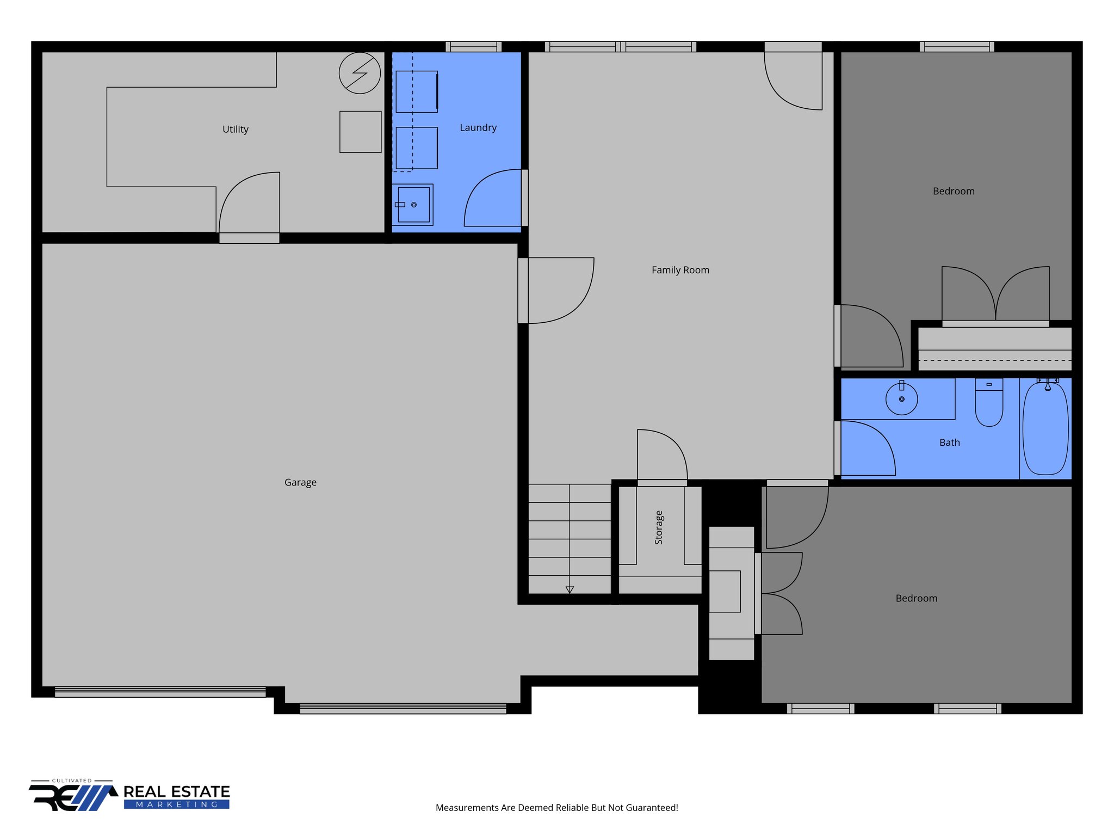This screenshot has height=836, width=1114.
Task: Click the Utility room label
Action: [x=235, y=130]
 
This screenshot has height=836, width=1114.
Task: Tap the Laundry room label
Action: [x=478, y=128]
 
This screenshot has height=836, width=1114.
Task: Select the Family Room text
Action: [x=680, y=270]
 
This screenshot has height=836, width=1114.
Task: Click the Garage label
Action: [x=300, y=482]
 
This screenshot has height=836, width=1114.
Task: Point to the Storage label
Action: [x=659, y=527]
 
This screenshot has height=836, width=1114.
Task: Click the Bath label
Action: [x=949, y=442]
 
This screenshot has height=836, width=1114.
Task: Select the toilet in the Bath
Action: [x=989, y=405]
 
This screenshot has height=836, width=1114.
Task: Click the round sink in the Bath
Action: [x=901, y=399]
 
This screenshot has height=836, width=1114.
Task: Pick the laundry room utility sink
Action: [x=413, y=205]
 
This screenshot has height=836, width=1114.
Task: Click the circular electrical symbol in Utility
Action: [x=360, y=73]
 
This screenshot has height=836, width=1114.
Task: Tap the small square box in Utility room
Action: [x=360, y=132]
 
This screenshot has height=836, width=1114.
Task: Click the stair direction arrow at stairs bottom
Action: [x=570, y=589]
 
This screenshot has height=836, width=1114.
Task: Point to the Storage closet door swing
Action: [x=661, y=455]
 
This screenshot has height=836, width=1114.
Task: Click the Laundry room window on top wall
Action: [x=473, y=47]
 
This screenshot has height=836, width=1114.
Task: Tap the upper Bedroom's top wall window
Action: [x=956, y=47]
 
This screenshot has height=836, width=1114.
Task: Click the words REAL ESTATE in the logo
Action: [x=177, y=791]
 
